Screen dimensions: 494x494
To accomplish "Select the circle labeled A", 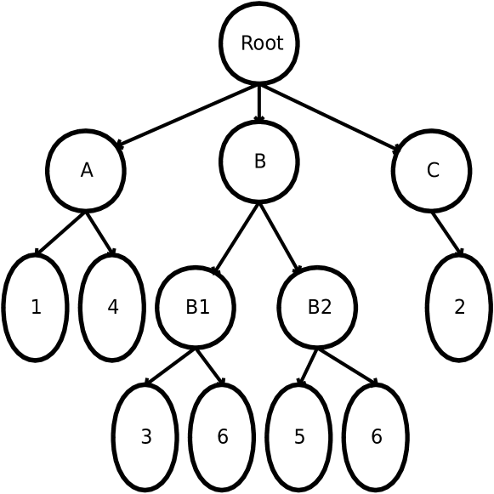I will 86,171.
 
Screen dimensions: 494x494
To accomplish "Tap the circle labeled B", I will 259,162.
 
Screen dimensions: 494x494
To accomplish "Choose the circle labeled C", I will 431,171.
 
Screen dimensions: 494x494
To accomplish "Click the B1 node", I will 196,308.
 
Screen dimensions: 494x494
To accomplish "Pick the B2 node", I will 317,308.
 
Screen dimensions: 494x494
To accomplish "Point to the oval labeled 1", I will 35,308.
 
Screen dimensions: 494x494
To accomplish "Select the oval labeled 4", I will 112,308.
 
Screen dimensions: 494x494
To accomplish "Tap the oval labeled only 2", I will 459,308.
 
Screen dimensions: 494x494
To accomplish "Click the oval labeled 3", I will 145,438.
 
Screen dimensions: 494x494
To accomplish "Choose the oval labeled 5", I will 298,438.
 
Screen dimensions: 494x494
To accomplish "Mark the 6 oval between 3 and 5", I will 222,438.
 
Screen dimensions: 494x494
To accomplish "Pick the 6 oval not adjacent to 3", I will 376,438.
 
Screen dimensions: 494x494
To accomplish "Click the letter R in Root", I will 247,43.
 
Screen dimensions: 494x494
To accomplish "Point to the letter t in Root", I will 280,43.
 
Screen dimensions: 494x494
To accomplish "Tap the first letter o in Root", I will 258,45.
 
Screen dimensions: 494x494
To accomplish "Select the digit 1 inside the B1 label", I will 204,308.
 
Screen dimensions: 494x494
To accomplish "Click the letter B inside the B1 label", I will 191,308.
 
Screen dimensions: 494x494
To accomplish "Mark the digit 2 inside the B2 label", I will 326,308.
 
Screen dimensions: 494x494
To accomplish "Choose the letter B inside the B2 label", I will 313,308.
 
